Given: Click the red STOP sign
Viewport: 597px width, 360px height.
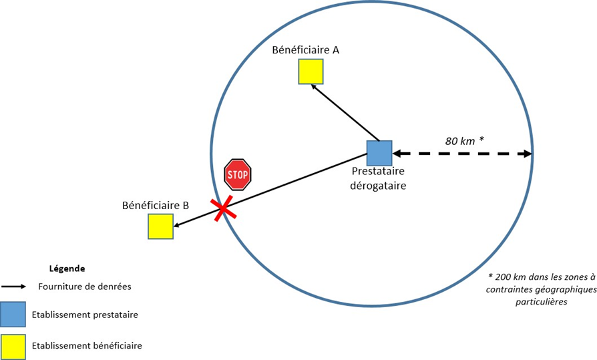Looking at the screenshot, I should pos(237,174).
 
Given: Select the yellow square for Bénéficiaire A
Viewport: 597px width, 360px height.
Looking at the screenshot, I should pos(311,71).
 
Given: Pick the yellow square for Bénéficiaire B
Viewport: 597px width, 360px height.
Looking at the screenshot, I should pos(160,226).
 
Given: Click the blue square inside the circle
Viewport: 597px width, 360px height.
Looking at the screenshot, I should pos(379,153).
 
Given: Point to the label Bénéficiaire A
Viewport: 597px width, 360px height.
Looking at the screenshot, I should pos(306,50).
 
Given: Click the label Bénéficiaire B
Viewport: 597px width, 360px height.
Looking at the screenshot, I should pos(156,205).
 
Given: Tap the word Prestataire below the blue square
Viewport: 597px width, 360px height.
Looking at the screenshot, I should pos(378,172).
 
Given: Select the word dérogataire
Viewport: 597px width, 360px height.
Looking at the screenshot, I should pos(378,185).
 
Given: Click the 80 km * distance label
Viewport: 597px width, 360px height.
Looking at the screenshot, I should pos(464,140).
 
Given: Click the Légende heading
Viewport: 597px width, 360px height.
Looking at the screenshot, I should pos(67,268).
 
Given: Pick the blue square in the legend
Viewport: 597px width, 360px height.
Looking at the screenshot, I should pos(13,314).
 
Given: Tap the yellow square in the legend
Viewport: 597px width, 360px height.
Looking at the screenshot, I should pos(13,345).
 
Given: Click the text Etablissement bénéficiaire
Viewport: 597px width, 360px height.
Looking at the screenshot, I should pos(86,345).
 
